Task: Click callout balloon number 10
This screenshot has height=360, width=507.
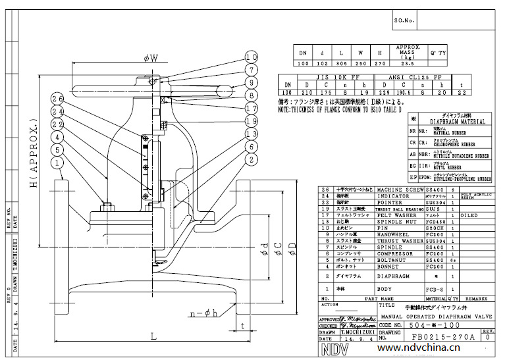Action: [x=252, y=56]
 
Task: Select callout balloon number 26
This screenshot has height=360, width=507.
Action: [x=57, y=99]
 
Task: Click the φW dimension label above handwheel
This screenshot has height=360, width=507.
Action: [x=151, y=59]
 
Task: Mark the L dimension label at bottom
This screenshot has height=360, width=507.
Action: [x=153, y=336]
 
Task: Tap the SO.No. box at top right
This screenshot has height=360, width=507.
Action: [x=404, y=20]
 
